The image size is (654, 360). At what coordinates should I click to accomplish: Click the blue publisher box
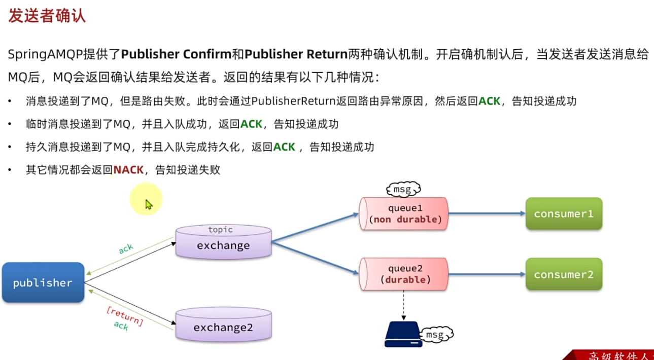point(43,282)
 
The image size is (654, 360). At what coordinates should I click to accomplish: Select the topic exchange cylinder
point(223,242)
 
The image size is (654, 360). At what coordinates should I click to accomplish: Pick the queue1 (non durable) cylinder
point(404,214)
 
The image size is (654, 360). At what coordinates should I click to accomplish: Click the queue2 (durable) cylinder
point(404,274)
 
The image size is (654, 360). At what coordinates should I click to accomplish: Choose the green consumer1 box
point(564,214)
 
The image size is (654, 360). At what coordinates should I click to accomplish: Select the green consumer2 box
point(564,274)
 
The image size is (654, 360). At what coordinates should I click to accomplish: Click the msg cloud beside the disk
point(437,335)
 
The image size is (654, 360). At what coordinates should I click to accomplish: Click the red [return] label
point(125,316)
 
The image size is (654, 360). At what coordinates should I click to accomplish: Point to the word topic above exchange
point(220,230)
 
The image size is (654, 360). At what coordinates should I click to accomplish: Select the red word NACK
point(129,170)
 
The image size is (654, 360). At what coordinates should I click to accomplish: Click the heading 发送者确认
point(47,16)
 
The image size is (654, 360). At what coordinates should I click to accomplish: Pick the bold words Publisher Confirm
point(182,54)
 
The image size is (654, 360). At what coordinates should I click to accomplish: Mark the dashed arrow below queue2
point(403,305)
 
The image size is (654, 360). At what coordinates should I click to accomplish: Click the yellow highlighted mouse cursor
point(148,204)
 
